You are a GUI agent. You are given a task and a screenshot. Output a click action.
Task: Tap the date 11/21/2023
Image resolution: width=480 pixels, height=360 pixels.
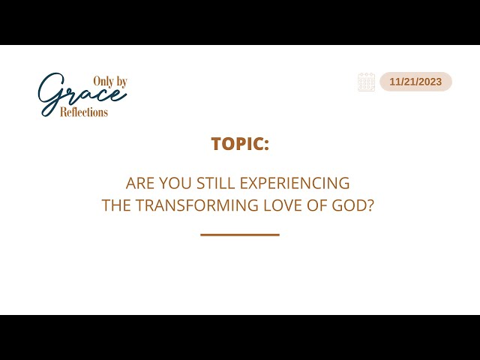[415, 82]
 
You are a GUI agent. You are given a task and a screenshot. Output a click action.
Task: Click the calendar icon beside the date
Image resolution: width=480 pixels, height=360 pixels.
[366, 82]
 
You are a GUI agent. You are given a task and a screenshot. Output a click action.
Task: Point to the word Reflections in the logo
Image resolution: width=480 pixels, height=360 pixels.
[84, 112]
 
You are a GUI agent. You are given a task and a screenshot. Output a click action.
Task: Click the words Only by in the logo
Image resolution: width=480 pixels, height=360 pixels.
[109, 81]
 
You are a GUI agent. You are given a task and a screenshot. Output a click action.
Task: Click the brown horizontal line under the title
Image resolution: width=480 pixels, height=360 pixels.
[240, 235]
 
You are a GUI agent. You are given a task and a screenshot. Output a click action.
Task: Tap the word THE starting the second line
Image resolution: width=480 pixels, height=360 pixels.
[115, 205]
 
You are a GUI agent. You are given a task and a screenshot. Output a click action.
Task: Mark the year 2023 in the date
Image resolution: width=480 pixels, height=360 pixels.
[429, 82]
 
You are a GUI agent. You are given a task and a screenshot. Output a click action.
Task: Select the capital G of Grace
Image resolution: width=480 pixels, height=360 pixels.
[51, 94]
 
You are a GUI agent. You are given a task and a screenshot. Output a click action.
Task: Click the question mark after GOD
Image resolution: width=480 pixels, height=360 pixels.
[370, 205]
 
